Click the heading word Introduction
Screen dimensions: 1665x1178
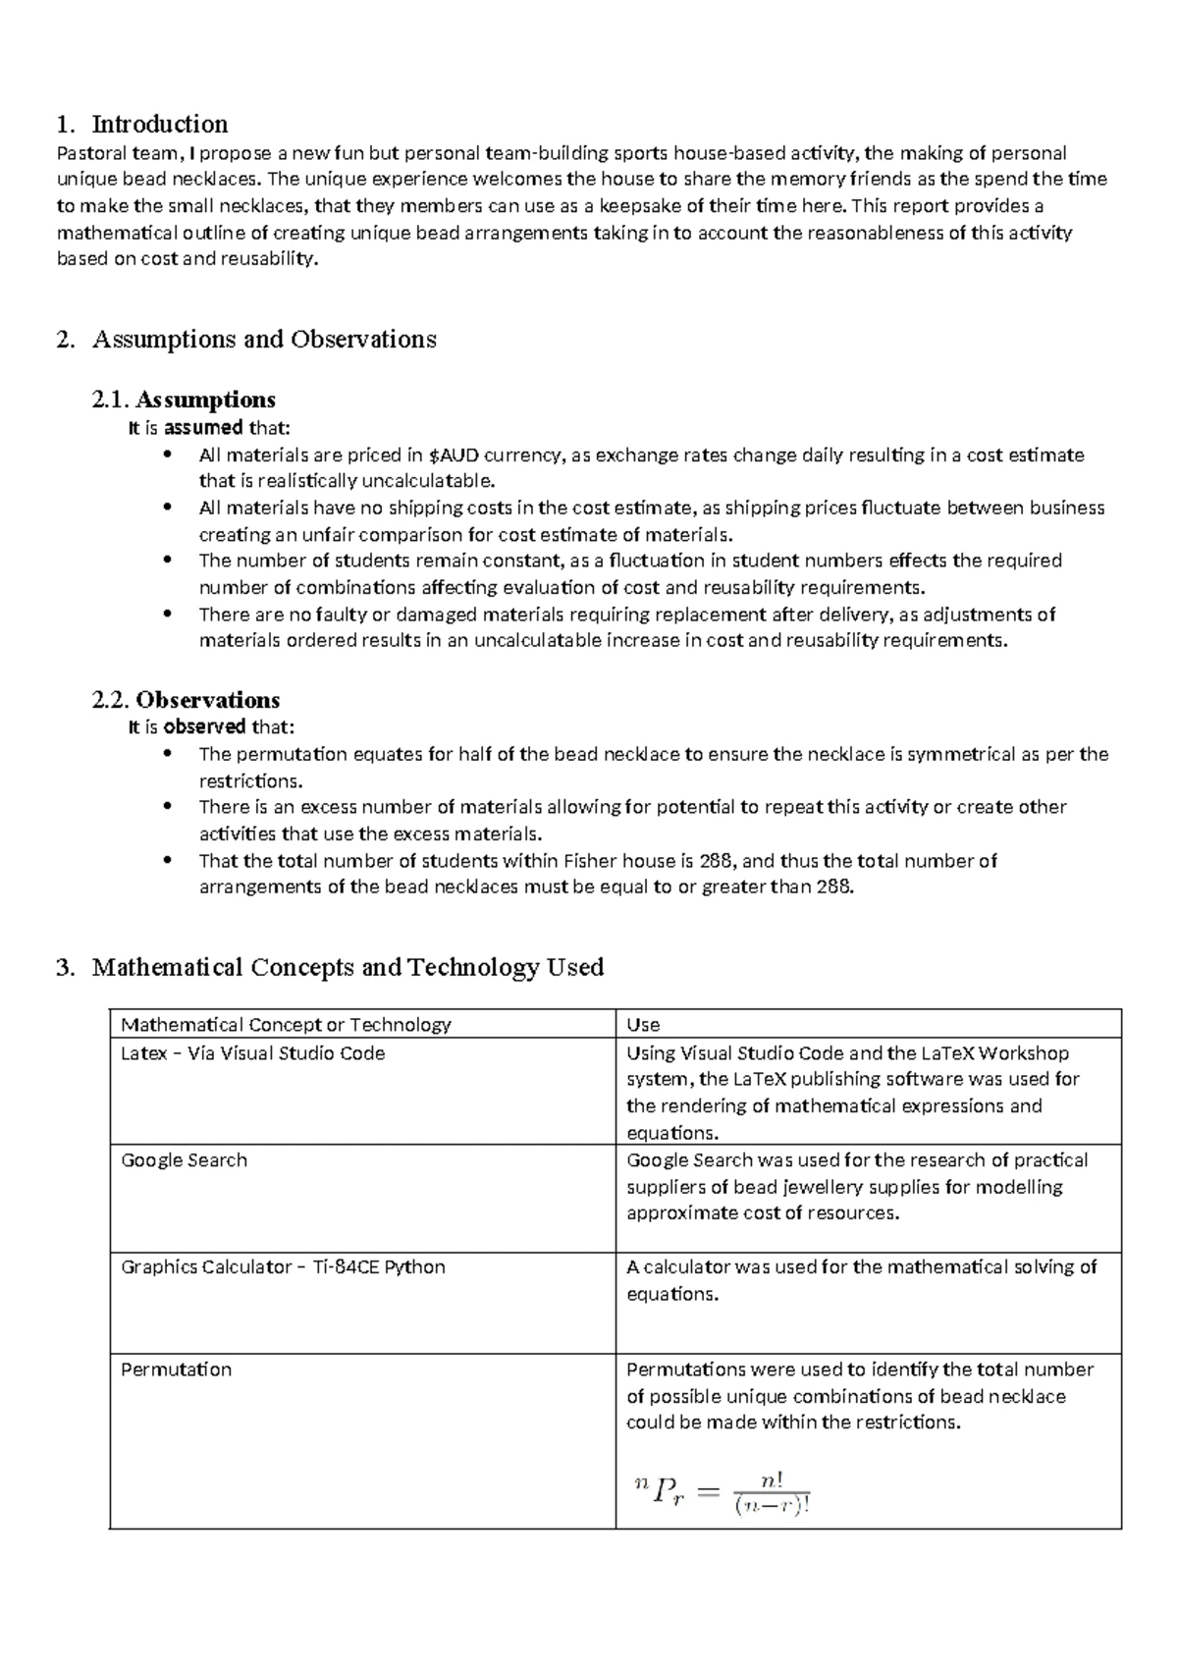click(x=159, y=124)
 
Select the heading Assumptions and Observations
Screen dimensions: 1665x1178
click(x=263, y=339)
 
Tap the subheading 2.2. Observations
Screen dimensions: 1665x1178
click(x=186, y=699)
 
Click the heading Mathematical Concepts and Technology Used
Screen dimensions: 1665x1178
click(x=348, y=967)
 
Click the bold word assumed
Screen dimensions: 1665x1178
click(x=203, y=427)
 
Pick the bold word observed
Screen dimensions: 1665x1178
click(x=204, y=726)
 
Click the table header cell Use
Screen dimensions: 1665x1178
click(x=643, y=1024)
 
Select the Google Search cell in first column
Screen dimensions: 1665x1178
click(x=184, y=1159)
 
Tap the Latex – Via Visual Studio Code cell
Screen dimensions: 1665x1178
click(x=252, y=1052)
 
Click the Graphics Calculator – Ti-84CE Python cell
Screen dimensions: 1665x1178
click(x=283, y=1266)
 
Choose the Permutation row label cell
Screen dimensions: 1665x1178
click(x=176, y=1369)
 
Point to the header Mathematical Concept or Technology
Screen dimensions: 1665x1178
click(x=286, y=1024)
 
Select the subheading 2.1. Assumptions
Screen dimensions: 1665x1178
click(x=183, y=400)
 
